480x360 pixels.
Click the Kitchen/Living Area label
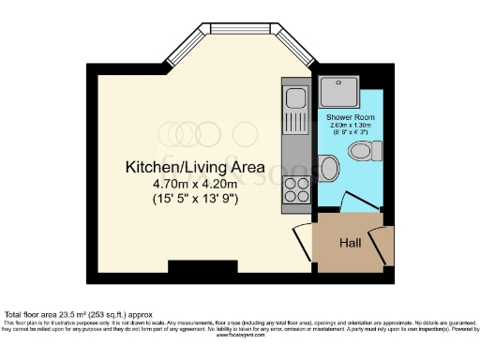tap(195, 167)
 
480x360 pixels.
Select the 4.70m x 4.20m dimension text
tap(195, 184)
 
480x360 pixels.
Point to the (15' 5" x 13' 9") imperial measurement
tap(195, 199)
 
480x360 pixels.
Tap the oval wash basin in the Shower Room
tap(328, 170)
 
